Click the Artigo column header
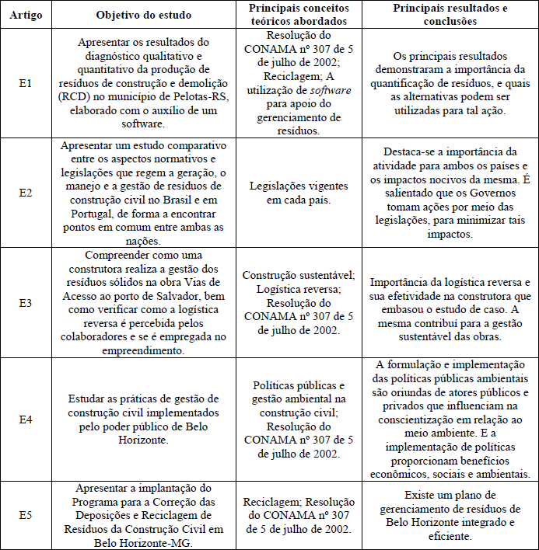[x=26, y=15]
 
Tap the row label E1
[x=26, y=84]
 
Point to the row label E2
[x=26, y=192]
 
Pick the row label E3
[x=26, y=303]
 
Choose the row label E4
[x=26, y=419]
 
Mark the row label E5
[x=26, y=514]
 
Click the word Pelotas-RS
[x=194, y=97]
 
